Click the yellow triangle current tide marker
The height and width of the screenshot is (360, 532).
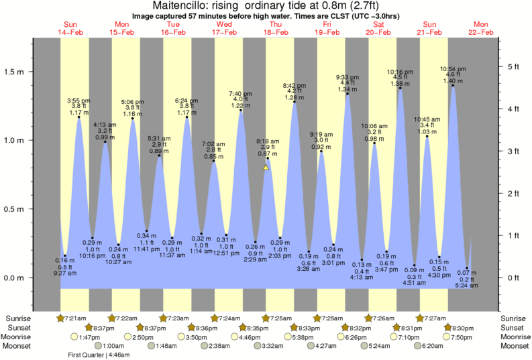pos(266,168)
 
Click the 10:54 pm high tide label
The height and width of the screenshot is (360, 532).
pos(453,68)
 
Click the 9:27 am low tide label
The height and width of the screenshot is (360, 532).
pos(64,273)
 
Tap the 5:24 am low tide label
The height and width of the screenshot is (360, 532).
pos(466,286)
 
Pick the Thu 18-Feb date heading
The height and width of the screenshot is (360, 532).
pos(274,28)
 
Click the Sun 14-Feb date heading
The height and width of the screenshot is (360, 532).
pos(69,28)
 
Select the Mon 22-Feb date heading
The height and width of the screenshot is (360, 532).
pos(480,28)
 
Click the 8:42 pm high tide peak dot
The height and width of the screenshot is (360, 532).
pos(295,102)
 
